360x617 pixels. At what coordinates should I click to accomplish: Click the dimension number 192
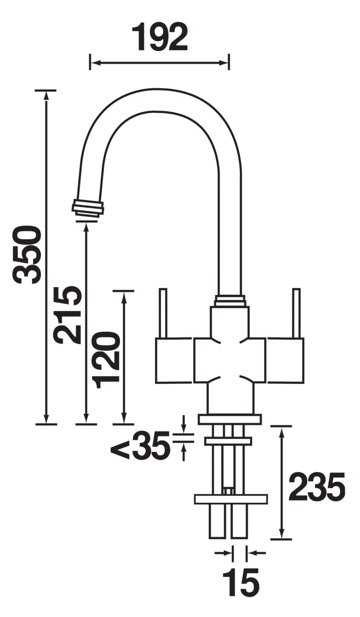tap(160, 37)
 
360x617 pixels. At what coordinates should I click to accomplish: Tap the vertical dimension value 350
tap(27, 254)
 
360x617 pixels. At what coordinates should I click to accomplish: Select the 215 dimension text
tap(67, 315)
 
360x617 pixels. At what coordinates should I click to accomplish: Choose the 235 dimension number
tap(316, 487)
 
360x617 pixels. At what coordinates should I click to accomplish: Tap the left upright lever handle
tap(163, 313)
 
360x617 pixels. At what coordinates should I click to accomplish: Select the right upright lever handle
tap(297, 313)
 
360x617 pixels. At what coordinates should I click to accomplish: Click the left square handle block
tap(174, 360)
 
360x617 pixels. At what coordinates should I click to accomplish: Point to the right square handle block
tap(285, 360)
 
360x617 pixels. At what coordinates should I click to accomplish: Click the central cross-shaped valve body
tap(230, 360)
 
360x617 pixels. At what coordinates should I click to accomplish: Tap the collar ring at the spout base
tap(230, 301)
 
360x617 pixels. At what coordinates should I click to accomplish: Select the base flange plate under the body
tap(230, 419)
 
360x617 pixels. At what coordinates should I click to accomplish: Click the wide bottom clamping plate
tap(231, 499)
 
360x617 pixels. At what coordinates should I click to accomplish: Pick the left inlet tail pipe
tap(217, 521)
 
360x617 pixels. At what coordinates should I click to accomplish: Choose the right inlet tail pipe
tap(239, 521)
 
